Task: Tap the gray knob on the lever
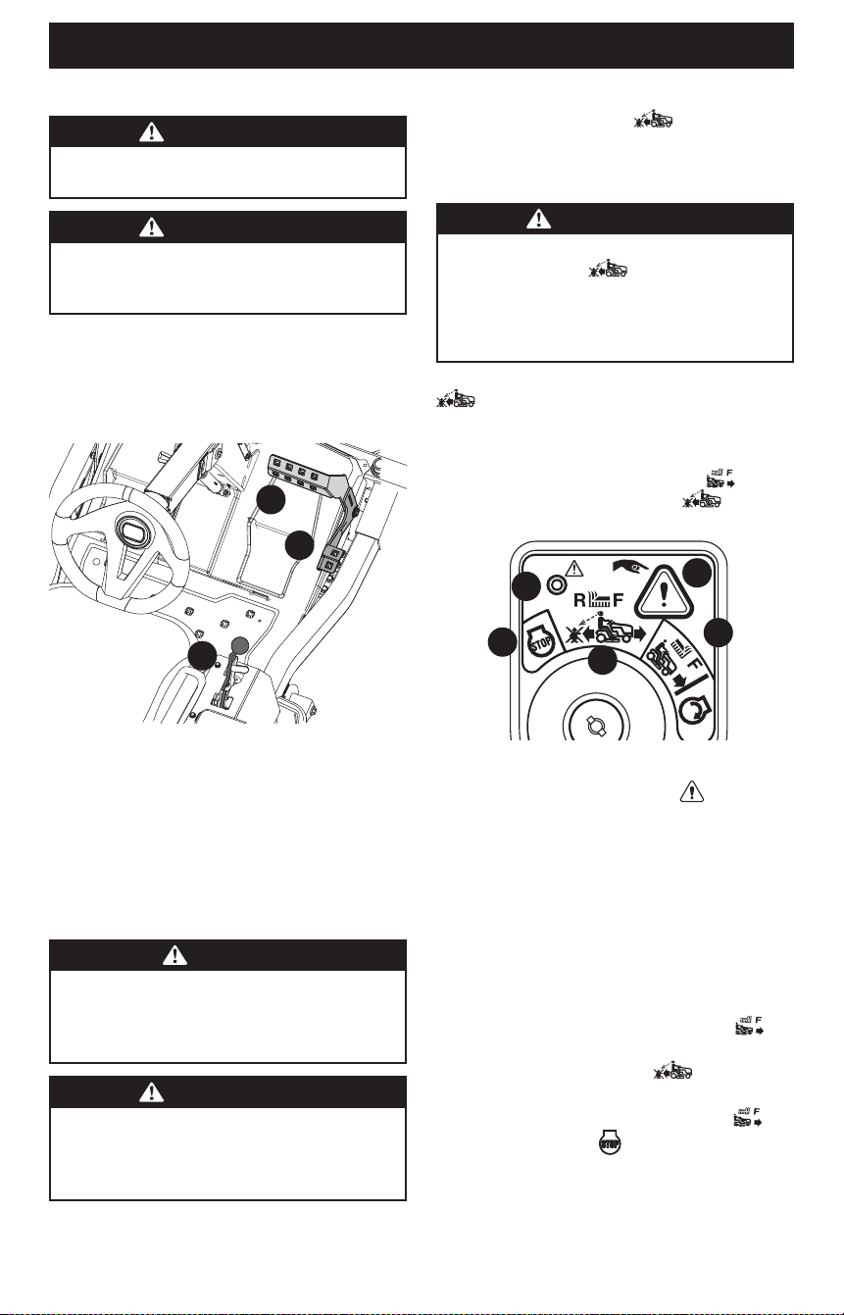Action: [x=240, y=646]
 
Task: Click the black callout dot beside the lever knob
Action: [x=202, y=656]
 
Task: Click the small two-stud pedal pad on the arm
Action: [x=328, y=558]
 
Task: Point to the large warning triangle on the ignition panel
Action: [x=664, y=593]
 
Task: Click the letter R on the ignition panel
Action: [x=579, y=600]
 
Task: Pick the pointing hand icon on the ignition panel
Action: [x=629, y=566]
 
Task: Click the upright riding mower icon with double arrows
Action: [x=606, y=631]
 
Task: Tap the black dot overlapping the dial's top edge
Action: [x=602, y=660]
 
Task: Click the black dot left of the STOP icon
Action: [x=503, y=641]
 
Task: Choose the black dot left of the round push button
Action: [x=525, y=585]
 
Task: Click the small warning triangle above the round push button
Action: [x=573, y=568]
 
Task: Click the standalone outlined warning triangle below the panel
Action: [x=692, y=791]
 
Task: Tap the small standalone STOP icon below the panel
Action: [x=610, y=1142]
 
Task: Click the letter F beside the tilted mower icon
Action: [x=694, y=664]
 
